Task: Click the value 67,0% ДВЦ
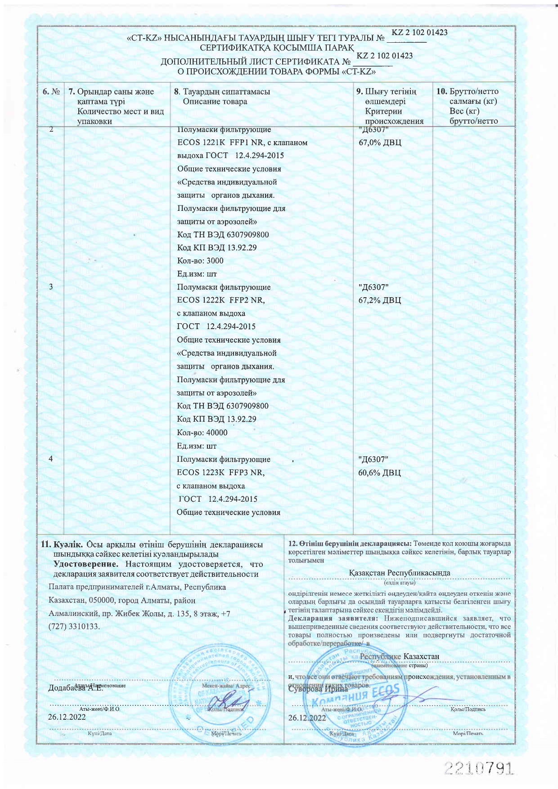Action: pyautogui.click(x=380, y=143)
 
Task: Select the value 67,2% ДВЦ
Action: pyautogui.click(x=380, y=300)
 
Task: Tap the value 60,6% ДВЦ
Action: pyautogui.click(x=379, y=473)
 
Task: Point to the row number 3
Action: pyautogui.click(x=51, y=287)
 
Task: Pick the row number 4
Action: pyautogui.click(x=51, y=459)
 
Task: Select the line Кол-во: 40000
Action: pyautogui.click(x=202, y=432)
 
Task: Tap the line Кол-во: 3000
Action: pyautogui.click(x=200, y=261)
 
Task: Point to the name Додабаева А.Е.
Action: pyautogui.click(x=75, y=688)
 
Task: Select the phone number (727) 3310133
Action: pyautogui.click(x=74, y=626)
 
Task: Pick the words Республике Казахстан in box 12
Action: pyautogui.click(x=399, y=656)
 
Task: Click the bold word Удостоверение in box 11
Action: pyautogui.click(x=86, y=564)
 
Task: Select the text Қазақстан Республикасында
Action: pyautogui.click(x=399, y=573)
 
